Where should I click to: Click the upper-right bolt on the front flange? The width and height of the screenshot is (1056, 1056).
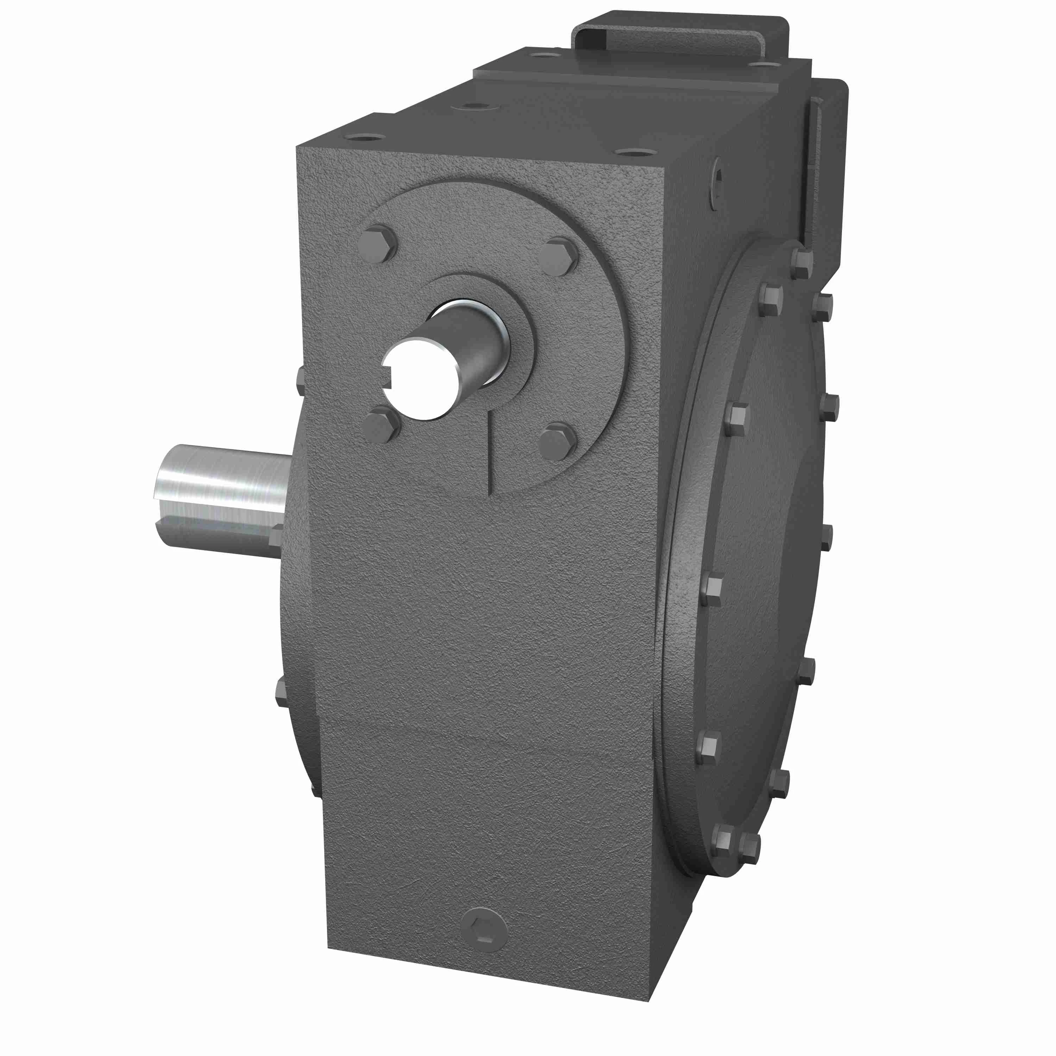point(558,256)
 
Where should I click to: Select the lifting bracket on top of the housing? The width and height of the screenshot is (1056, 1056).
point(678,33)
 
